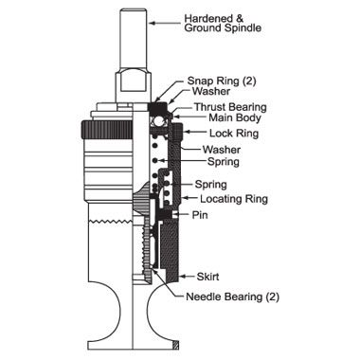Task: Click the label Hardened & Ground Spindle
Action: [223, 23]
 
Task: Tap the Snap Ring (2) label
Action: [222, 81]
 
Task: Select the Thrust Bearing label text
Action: [230, 107]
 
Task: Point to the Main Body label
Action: [235, 117]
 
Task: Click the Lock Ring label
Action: [234, 133]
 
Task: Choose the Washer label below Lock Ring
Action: [222, 150]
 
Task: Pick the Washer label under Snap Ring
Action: [211, 91]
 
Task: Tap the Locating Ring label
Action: [234, 199]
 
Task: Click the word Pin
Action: [200, 215]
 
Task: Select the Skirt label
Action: [207, 277]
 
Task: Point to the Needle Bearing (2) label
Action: [232, 297]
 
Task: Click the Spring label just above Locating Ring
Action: [210, 185]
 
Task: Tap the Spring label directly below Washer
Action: [224, 162]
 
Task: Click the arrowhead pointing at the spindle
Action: [152, 23]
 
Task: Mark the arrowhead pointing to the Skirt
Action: [182, 277]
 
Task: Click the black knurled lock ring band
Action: [107, 130]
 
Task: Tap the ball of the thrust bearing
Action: [157, 121]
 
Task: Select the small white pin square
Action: [174, 215]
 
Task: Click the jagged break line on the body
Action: [111, 221]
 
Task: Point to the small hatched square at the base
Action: [176, 346]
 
